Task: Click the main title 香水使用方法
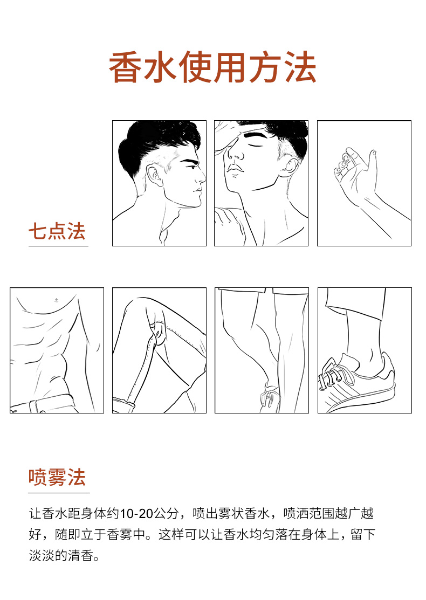click(x=213, y=67)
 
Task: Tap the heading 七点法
click(x=57, y=231)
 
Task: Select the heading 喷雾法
click(x=57, y=477)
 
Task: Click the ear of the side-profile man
click(x=155, y=176)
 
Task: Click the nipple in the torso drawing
click(x=57, y=300)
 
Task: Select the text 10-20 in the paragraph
click(x=136, y=513)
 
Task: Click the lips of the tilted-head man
click(x=234, y=168)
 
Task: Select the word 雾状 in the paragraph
click(x=231, y=513)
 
